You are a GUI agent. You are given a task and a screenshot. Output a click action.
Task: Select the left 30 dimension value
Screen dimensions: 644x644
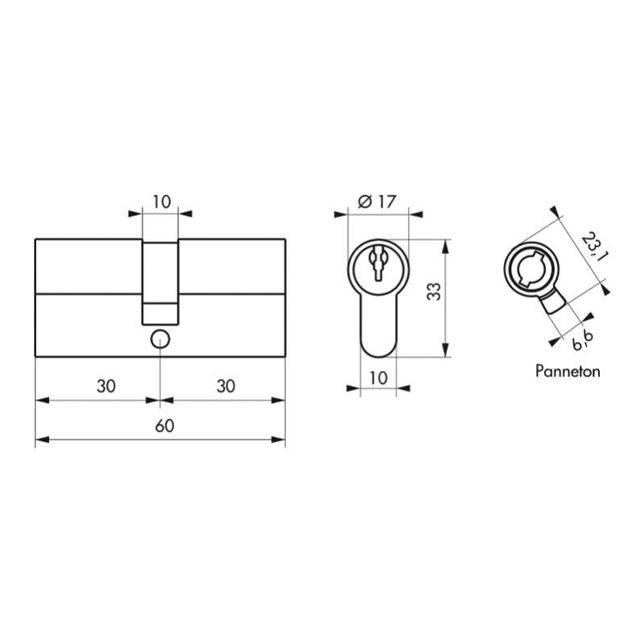(x=106, y=386)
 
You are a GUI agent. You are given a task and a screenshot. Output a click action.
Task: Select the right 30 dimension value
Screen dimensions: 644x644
(x=226, y=386)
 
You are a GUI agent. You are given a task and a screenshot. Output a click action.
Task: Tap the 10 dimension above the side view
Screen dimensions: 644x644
(x=161, y=202)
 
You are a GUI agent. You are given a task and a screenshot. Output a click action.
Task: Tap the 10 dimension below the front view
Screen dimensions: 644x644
(x=377, y=377)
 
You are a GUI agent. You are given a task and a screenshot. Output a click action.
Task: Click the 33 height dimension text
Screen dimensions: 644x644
(x=433, y=292)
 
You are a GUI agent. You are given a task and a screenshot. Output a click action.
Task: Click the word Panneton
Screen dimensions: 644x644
(x=567, y=372)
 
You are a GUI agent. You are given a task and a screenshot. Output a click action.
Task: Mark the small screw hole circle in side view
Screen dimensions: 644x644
(x=160, y=339)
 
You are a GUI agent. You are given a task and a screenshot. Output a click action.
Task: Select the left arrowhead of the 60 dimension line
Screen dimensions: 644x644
(x=40, y=440)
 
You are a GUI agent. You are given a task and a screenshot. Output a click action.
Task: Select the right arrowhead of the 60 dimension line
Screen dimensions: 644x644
(x=281, y=440)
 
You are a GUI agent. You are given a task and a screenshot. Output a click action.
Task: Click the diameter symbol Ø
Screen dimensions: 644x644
(x=363, y=202)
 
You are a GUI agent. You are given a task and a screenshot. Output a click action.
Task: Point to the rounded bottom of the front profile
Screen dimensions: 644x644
(x=377, y=348)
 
